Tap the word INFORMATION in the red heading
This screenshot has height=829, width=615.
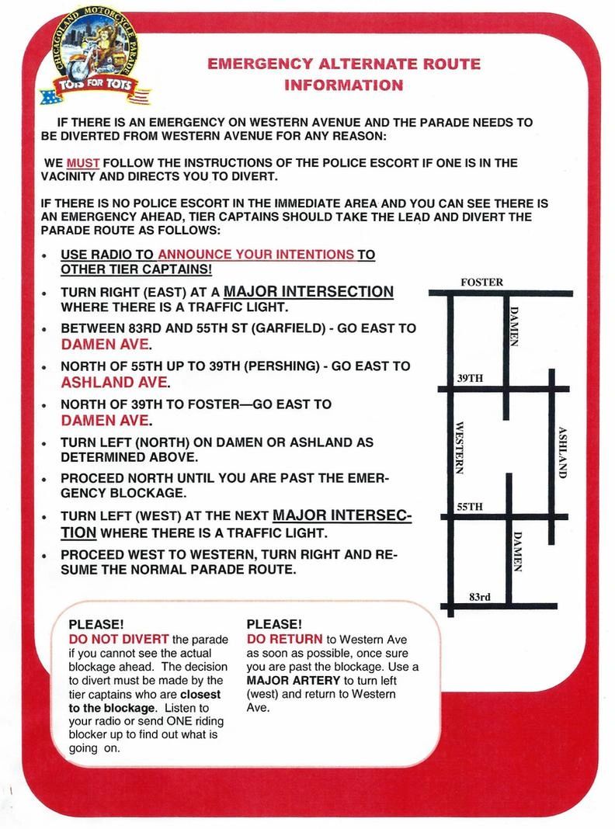343,85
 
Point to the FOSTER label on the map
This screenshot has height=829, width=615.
481,282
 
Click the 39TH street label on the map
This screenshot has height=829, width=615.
471,378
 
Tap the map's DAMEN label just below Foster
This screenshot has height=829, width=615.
513,326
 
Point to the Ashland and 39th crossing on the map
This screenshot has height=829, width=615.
551,388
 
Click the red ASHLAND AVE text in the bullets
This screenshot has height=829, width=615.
113,382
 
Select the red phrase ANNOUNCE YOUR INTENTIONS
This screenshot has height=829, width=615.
256,255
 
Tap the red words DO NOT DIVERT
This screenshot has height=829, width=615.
119,639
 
